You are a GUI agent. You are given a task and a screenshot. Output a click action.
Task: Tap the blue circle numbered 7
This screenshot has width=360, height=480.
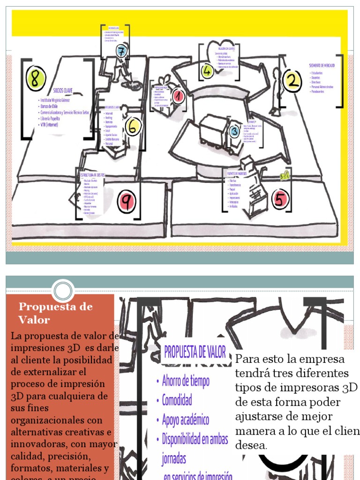click(122, 52)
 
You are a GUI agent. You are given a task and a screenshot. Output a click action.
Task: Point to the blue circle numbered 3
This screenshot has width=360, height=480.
click(234, 131)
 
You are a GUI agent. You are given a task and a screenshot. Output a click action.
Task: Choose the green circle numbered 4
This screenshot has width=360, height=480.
click(207, 71)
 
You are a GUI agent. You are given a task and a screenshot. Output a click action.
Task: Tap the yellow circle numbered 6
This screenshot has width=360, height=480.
click(133, 126)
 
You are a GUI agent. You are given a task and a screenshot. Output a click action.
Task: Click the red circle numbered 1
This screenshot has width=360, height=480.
click(178, 97)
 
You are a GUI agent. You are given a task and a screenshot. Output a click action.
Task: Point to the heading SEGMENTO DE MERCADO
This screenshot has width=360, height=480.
click(322, 65)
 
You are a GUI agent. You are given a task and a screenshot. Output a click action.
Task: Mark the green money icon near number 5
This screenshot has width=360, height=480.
click(285, 175)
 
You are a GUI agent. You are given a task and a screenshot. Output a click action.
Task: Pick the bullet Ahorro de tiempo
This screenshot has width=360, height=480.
click(186, 381)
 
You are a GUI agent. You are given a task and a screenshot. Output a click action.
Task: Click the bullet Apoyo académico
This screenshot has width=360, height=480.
click(185, 420)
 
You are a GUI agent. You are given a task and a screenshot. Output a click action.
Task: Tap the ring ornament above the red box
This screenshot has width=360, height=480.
click(63, 291)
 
